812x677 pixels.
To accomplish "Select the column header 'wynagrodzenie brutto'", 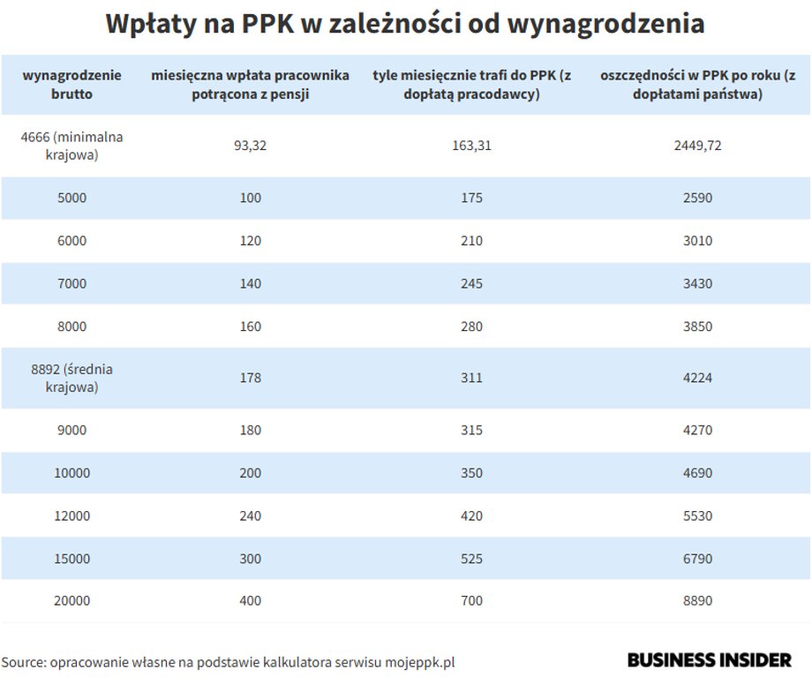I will tap(71, 84).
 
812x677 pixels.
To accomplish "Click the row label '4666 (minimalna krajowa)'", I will tap(71, 146).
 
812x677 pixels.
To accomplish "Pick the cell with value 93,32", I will tap(250, 146).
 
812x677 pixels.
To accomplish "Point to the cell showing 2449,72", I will tap(697, 146).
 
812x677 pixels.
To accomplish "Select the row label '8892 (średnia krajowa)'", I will tap(71, 378).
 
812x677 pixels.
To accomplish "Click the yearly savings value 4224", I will tap(697, 378).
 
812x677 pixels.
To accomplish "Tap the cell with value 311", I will tap(471, 378).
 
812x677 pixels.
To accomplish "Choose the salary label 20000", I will tap(71, 601).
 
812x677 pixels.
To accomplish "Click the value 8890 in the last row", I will tap(697, 601).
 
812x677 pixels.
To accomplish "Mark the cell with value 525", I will tap(471, 559).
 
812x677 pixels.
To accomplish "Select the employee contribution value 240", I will tap(250, 515).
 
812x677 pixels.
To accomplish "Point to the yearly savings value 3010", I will tap(697, 241).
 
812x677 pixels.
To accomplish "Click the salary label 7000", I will tap(71, 283).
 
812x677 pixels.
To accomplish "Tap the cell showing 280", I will tap(471, 327).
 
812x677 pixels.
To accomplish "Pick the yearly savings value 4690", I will tap(697, 473).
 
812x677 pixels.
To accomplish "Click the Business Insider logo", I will tap(709, 660).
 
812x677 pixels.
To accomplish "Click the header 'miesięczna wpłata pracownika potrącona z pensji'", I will tap(250, 84).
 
